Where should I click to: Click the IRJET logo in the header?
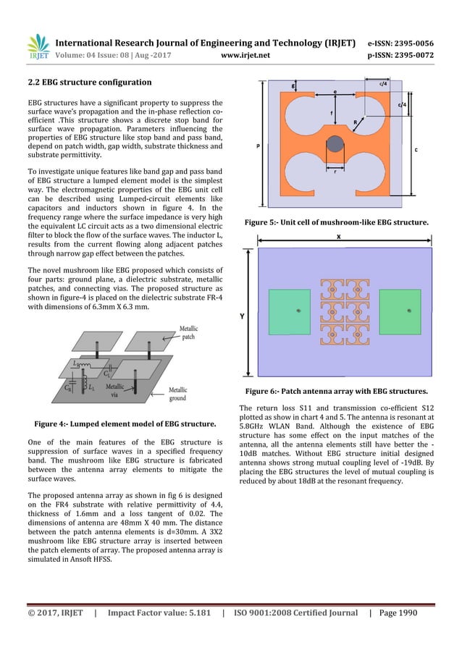(37, 46)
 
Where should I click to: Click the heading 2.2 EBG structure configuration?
(89, 81)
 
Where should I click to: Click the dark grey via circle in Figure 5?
(335, 143)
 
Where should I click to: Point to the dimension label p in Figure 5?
(259, 145)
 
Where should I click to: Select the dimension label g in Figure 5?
(293, 85)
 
